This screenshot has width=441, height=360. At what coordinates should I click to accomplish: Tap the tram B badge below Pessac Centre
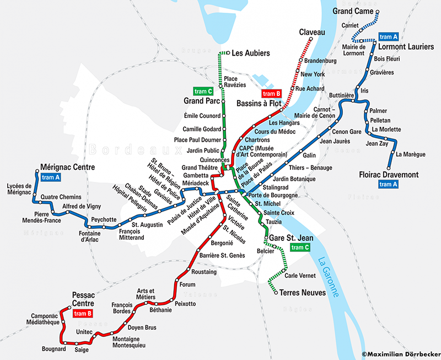(81, 314)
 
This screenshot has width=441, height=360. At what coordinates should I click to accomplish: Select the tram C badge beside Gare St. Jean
(300, 248)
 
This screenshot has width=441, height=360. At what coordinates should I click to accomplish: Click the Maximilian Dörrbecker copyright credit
(401, 354)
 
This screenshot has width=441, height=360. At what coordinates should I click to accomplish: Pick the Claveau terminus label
(312, 33)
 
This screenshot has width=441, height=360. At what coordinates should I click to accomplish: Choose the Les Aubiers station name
(251, 53)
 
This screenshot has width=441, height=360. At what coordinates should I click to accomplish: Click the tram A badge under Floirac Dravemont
(389, 185)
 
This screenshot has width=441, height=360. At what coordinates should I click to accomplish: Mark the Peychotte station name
(104, 219)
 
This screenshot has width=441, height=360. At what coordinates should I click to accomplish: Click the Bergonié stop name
(222, 243)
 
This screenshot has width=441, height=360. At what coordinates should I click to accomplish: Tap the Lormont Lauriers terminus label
(406, 47)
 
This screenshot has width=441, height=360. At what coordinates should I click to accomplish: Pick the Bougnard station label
(54, 349)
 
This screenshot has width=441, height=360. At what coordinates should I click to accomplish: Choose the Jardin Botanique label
(294, 179)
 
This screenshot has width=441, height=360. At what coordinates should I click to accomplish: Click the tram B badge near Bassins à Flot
(272, 94)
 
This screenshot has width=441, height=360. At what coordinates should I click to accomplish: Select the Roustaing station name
(203, 272)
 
